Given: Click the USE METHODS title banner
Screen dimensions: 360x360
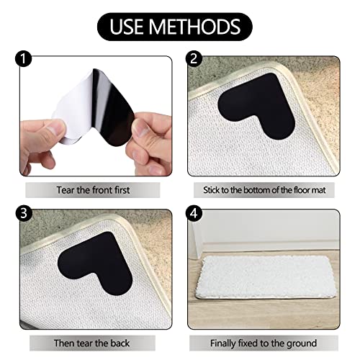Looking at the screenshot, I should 179,27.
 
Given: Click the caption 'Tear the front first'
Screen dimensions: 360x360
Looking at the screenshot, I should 96,191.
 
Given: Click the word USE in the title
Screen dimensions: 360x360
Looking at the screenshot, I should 130,27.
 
